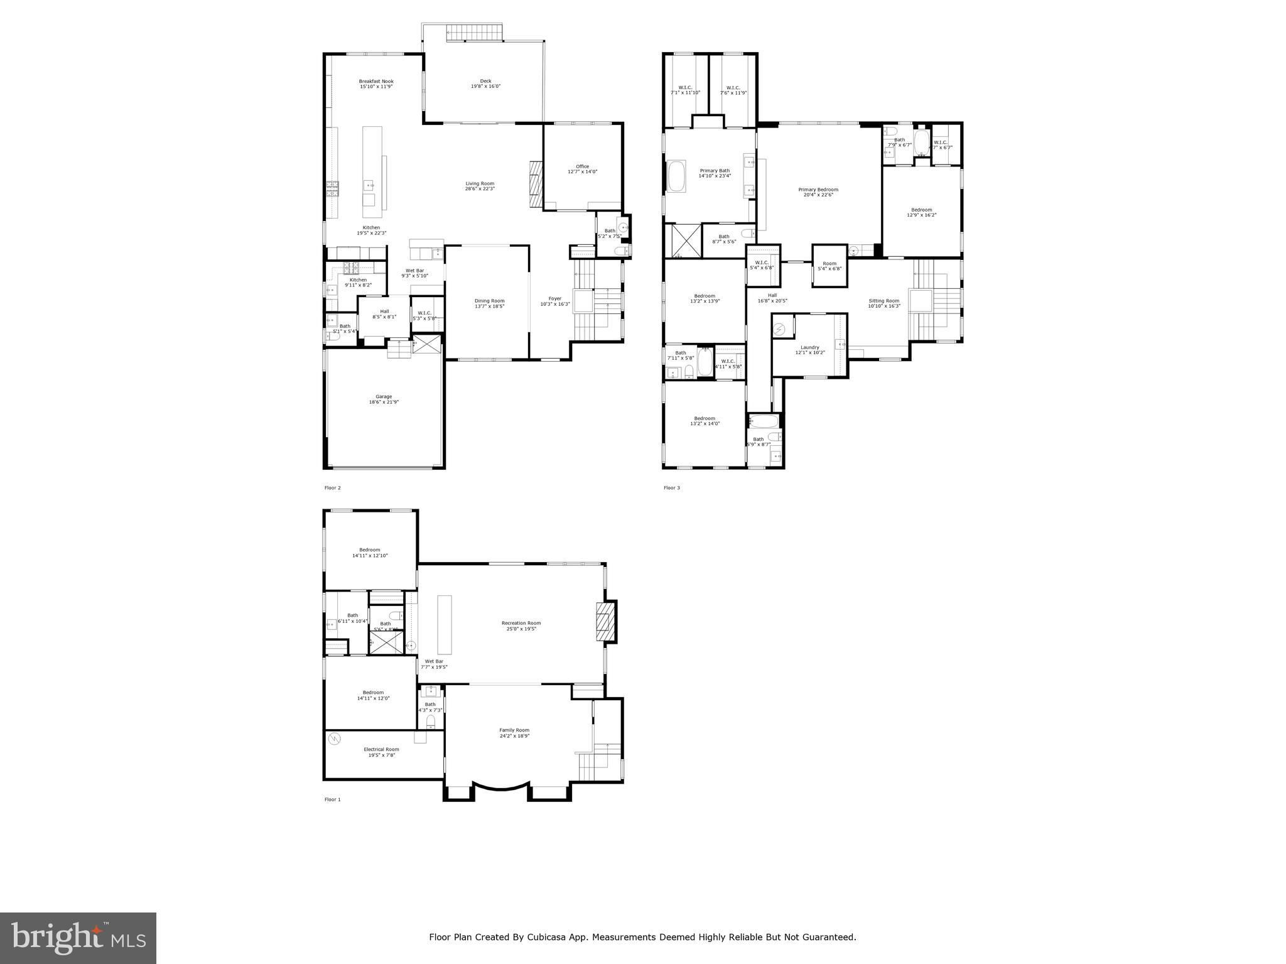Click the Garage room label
pyautogui.click(x=384, y=397)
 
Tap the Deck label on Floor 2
pyautogui.click(x=485, y=81)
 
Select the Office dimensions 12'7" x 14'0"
pyautogui.click(x=582, y=171)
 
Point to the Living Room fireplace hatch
pyautogui.click(x=536, y=185)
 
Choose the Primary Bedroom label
pyautogui.click(x=818, y=190)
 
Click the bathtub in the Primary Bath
pyautogui.click(x=677, y=177)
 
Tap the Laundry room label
pyautogui.click(x=809, y=347)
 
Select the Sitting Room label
pyautogui.click(x=883, y=301)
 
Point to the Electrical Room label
pyautogui.click(x=381, y=749)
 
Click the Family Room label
pyautogui.click(x=514, y=730)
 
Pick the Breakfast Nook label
pyautogui.click(x=376, y=81)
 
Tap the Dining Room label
pyautogui.click(x=489, y=301)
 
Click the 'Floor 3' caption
pyautogui.click(x=671, y=487)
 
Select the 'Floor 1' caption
pyautogui.click(x=332, y=799)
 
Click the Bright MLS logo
pyautogui.click(x=78, y=938)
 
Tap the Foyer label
pyautogui.click(x=554, y=298)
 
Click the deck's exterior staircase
pyautogui.click(x=475, y=33)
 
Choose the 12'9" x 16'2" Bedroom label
pyautogui.click(x=921, y=210)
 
